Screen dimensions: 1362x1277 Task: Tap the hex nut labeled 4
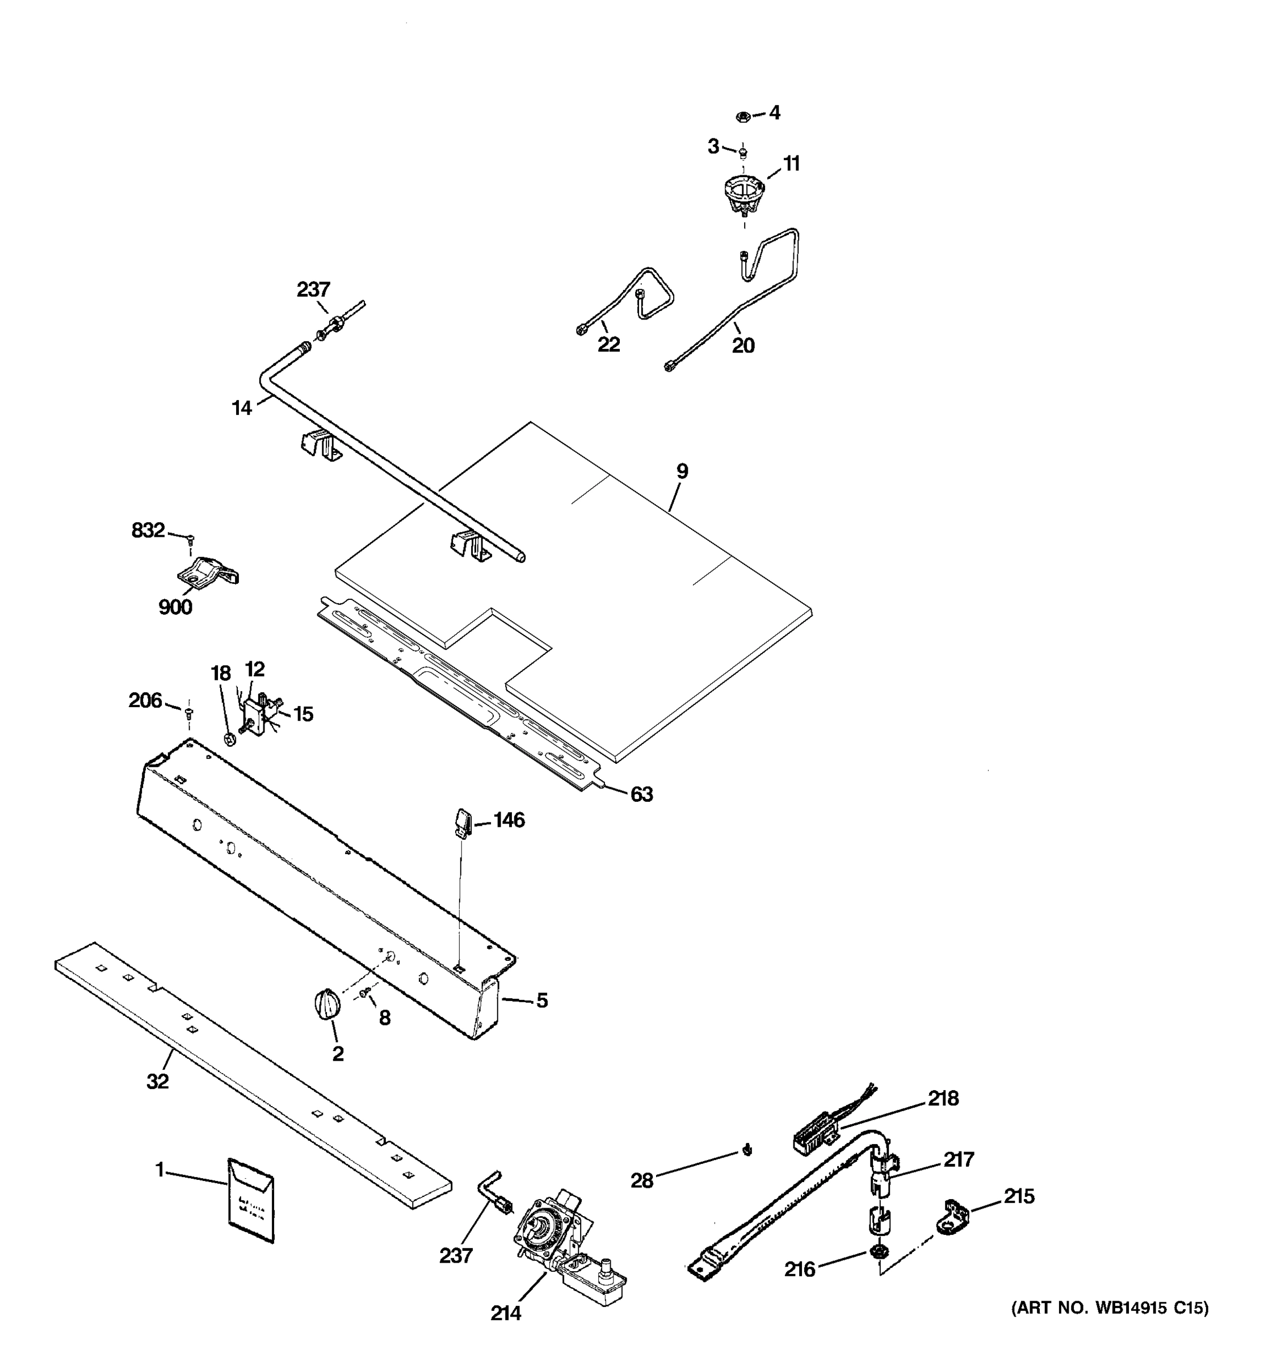741,116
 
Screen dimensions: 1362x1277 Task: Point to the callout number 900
175,607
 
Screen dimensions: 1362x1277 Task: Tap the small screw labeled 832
192,538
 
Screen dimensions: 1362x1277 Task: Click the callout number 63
641,794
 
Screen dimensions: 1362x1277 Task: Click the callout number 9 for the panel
682,472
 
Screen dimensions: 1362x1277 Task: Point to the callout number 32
158,1081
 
